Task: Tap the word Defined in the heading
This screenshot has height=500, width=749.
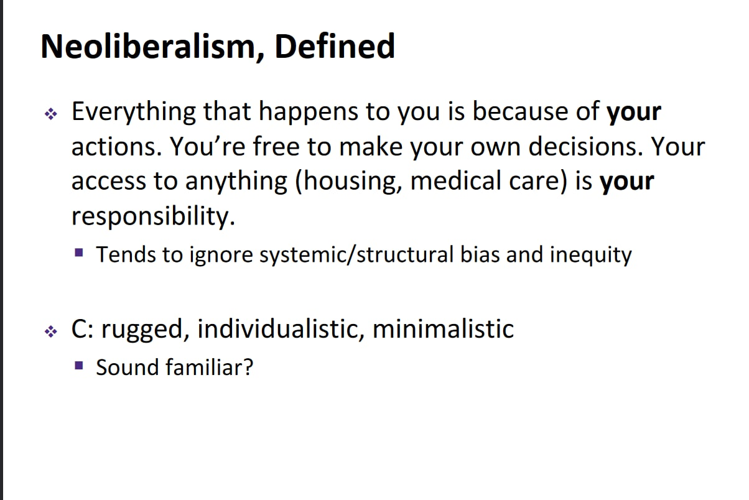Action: [x=335, y=46]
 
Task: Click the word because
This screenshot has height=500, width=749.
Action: [x=520, y=111]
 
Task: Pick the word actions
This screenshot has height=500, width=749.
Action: [x=117, y=147]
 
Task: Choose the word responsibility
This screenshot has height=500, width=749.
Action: [x=154, y=217]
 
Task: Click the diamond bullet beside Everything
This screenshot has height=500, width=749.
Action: [x=51, y=114]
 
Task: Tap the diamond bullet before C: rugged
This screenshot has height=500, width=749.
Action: [x=51, y=331]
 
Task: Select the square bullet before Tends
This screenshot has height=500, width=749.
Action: [x=79, y=252]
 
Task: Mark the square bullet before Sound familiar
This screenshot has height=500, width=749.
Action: [x=79, y=365]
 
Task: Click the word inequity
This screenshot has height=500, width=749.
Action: [x=591, y=256]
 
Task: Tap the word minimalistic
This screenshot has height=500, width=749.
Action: [x=443, y=329]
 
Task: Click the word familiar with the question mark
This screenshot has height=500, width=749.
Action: [x=210, y=368]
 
